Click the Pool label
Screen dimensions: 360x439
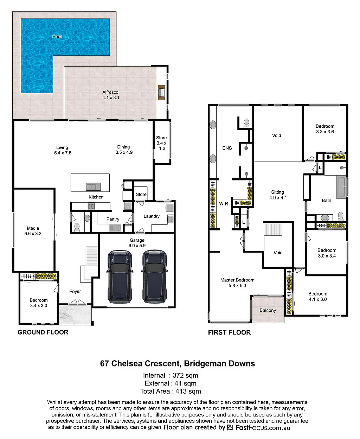click(57, 37)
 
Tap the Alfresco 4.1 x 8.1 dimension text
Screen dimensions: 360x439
click(111, 98)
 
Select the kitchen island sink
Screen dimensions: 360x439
click(94, 187)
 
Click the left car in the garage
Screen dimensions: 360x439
click(120, 276)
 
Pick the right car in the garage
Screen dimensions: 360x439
click(155, 276)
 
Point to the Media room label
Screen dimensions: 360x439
click(33, 228)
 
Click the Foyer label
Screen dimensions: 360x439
click(75, 291)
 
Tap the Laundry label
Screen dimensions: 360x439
click(152, 216)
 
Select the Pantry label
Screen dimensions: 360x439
click(113, 219)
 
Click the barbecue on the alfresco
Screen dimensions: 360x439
click(161, 93)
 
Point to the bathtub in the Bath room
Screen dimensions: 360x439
click(341, 187)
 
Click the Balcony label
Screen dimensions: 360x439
click(268, 310)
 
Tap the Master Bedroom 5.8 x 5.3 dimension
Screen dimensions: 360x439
click(237, 285)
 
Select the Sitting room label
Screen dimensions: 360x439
click(277, 192)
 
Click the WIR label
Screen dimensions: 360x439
click(224, 204)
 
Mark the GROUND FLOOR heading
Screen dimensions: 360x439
click(43, 332)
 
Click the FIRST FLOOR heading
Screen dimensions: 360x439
click(229, 332)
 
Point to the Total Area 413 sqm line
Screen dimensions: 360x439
click(171, 391)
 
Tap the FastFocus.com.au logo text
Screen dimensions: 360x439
click(263, 427)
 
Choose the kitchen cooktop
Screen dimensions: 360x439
click(91, 206)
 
